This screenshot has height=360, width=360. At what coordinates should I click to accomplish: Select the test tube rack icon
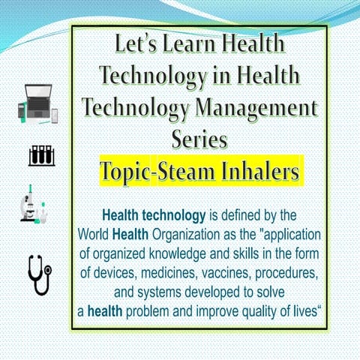pyautogui.click(x=41, y=156)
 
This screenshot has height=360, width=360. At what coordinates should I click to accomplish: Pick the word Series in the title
pyautogui.click(x=199, y=139)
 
